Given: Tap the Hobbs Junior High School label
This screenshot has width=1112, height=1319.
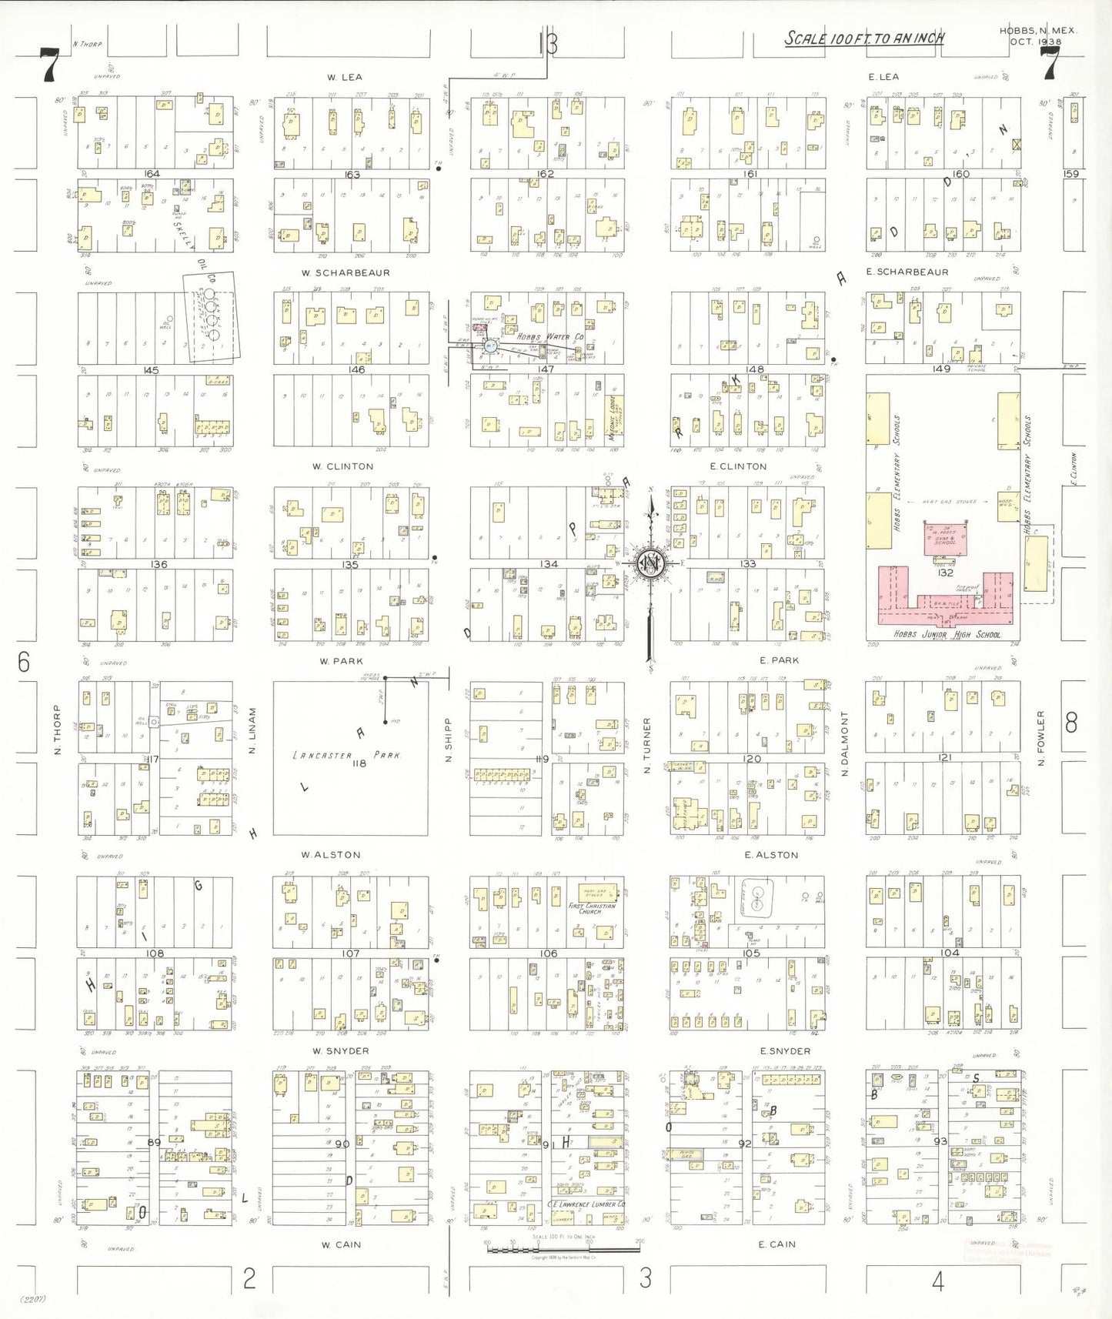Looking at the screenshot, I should (x=947, y=635).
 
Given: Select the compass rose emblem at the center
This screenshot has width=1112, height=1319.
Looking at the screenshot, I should (x=651, y=564).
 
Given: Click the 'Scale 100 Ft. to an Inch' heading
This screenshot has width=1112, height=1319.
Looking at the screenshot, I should (x=863, y=38).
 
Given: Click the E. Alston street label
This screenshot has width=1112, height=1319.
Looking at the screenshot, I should (x=771, y=855).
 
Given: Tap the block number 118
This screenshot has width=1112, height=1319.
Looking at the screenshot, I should (x=359, y=764).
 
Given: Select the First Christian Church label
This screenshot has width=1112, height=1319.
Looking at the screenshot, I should (x=591, y=908).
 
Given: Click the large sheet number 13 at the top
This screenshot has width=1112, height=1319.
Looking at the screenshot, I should (x=547, y=45).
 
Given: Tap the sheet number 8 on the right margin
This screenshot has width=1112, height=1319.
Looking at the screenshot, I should (x=1071, y=723).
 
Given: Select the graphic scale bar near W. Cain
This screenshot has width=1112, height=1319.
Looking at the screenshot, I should (x=563, y=1249).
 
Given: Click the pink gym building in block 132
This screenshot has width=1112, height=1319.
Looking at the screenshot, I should (x=945, y=537).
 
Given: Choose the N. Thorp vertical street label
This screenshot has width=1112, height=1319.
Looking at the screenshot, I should (x=57, y=729).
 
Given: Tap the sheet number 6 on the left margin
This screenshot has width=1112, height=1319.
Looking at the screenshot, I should (x=24, y=662).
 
